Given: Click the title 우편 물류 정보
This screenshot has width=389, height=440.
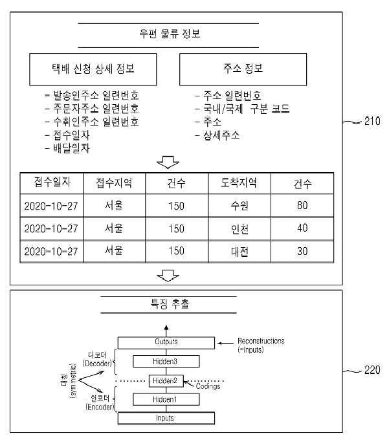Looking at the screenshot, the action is [170, 34].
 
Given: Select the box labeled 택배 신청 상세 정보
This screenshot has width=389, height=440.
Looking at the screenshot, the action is [93, 69].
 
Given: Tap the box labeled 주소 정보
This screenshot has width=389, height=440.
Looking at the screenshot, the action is [243, 69].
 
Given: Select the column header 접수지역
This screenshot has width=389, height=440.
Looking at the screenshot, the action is [114, 183].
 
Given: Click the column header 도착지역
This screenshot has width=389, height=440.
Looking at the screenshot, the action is [239, 183].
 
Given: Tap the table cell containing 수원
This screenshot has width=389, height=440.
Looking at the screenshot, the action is [239, 205].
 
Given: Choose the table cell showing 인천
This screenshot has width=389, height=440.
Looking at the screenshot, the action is [239, 228].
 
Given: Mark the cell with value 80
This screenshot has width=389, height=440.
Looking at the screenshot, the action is [302, 205].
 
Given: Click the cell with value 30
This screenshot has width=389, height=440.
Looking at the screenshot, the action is [302, 252].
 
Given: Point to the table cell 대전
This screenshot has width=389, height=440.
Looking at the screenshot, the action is [239, 252].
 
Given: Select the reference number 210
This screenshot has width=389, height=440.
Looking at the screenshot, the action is [372, 121].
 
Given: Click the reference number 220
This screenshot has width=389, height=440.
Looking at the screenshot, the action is [372, 370].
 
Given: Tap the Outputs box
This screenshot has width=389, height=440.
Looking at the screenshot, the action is [166, 343].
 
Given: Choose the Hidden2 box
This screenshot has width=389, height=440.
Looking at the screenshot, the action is [166, 380].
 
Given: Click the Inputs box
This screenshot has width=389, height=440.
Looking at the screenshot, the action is [166, 418].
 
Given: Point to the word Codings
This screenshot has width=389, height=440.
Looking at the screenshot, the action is [208, 386].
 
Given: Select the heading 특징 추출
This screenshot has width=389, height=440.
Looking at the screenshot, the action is [170, 304].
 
